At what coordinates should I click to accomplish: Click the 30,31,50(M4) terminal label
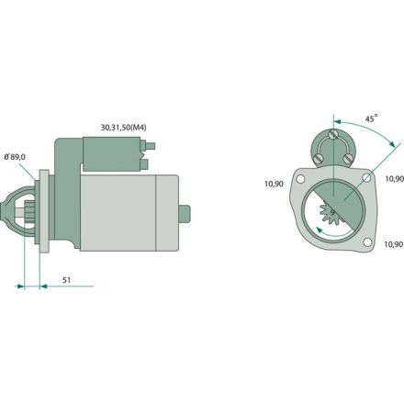[x=123, y=128]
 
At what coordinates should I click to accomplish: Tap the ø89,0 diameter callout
[x=15, y=157]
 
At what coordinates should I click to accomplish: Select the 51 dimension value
[x=66, y=280]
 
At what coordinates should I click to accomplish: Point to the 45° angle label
[x=371, y=118]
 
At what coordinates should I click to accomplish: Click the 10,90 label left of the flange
[x=274, y=184]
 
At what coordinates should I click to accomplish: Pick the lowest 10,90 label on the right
[x=394, y=244]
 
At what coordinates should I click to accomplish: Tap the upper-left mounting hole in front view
[x=300, y=178]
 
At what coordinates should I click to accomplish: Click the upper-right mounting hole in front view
[x=366, y=177]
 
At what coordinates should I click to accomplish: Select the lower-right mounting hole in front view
[x=367, y=242]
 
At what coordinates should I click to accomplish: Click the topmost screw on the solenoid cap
[x=332, y=134]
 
